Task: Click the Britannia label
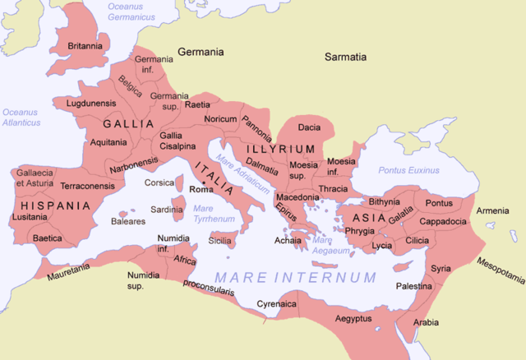click(85, 46)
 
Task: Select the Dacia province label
click(309, 127)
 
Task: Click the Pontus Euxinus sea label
click(408, 170)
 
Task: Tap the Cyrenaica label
click(275, 303)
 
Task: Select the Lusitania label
click(30, 218)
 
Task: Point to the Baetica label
click(47, 238)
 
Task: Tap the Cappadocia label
click(443, 221)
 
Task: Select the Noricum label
click(220, 119)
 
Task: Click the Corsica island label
click(159, 182)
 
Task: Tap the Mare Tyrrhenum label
click(202, 214)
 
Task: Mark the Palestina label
click(413, 286)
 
